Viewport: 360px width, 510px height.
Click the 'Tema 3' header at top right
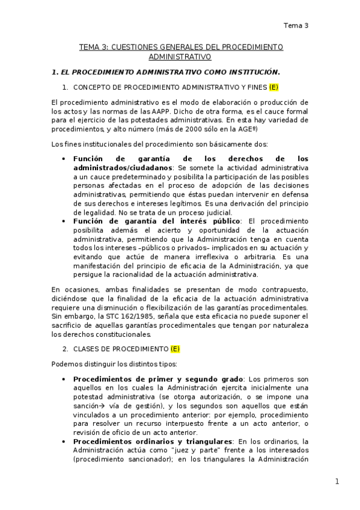(x=296, y=25)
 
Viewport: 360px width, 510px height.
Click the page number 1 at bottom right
(x=337, y=481)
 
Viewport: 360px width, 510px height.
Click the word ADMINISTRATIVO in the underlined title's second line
(x=180, y=58)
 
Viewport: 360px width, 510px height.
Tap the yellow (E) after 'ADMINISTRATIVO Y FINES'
(x=273, y=87)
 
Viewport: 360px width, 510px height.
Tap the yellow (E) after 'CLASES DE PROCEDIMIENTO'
(x=175, y=349)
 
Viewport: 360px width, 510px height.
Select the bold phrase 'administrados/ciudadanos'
(x=123, y=167)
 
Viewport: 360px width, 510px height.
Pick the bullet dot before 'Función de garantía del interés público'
(x=64, y=221)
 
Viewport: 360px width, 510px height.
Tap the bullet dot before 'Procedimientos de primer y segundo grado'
(x=64, y=379)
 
